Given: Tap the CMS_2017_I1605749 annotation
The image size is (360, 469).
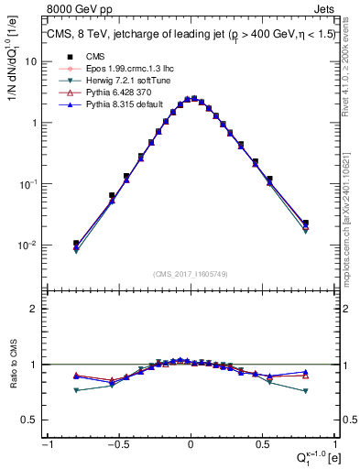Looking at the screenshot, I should click(x=190, y=274).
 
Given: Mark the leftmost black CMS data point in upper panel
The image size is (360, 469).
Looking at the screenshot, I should click(x=76, y=244).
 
